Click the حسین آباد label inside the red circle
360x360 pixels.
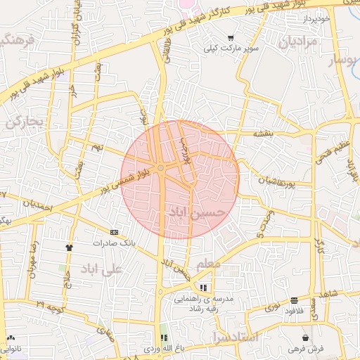coord(198,210)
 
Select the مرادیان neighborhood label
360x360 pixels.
coord(298,42)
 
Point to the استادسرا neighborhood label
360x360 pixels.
coord(235,337)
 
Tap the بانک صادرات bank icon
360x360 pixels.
coord(114,231)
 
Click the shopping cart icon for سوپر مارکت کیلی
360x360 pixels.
coord(230,39)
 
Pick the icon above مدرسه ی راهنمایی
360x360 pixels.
coord(203,288)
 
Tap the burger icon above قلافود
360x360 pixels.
coord(293,300)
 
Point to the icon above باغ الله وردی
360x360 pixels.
coord(164,337)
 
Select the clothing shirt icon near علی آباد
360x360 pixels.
coord(69,247)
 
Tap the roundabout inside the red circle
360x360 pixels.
coord(162,168)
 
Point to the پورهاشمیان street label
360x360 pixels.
coord(264,179)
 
